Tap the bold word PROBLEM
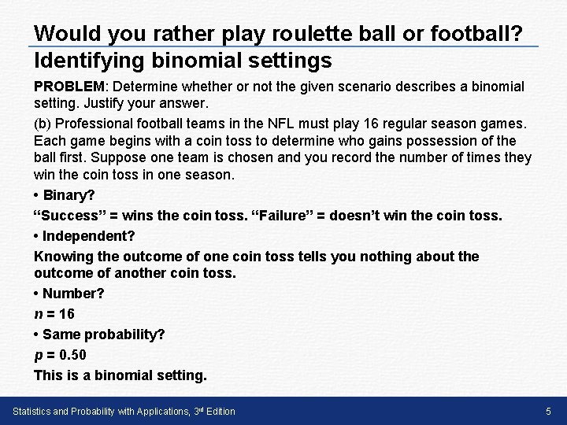tap(66, 86)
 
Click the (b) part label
tap(43, 124)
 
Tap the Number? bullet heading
tap(72, 294)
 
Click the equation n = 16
tap(54, 313)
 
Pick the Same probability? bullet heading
tap(103, 334)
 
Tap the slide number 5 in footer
tap(549, 412)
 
